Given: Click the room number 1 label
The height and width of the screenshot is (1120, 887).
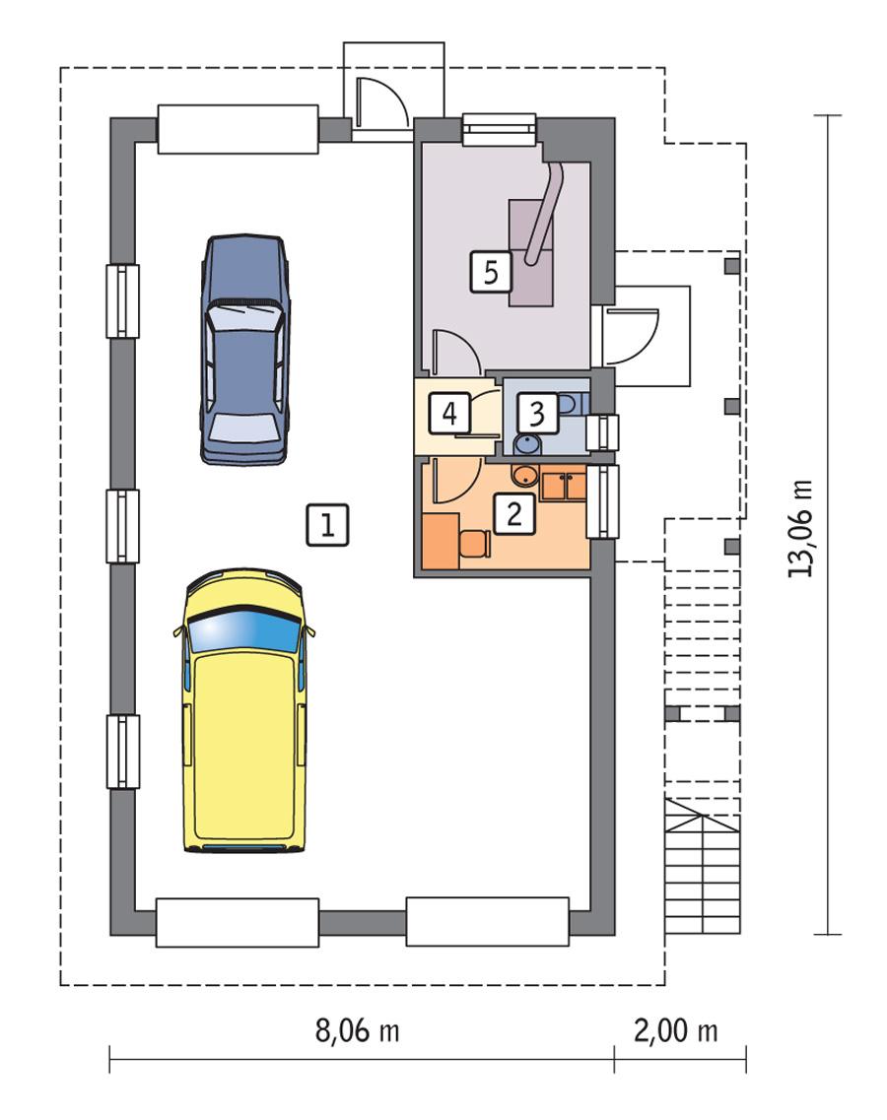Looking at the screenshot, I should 327,524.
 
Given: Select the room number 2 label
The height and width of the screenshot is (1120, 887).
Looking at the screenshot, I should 513,513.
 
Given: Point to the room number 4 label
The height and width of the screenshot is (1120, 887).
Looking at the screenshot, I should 449,412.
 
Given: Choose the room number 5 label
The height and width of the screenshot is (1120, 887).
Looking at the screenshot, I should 491,270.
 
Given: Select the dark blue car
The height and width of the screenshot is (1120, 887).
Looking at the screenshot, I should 246,350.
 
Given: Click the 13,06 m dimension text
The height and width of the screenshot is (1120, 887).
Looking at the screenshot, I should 802,528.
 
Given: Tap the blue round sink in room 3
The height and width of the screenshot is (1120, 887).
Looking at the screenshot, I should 528,444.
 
